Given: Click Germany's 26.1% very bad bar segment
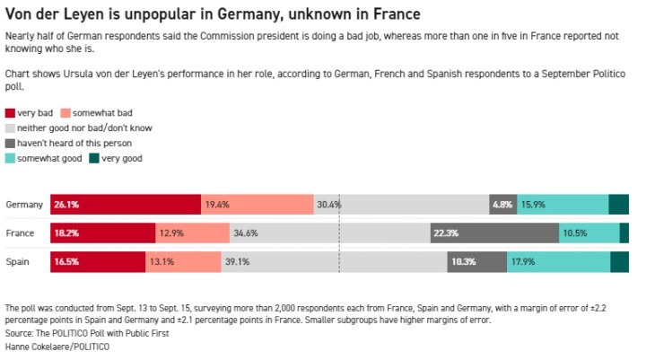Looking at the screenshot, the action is tap(126, 205).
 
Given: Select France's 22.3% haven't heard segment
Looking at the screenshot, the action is tap(494, 233).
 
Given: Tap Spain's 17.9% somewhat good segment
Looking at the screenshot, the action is tap(558, 262).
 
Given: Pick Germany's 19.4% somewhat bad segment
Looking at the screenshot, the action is tap(258, 205).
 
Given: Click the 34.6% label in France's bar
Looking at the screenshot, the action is tap(246, 233).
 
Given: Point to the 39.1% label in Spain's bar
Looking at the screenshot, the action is tap(237, 262).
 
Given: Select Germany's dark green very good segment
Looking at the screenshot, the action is tap(618, 205).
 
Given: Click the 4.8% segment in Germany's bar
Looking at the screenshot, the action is tap(503, 205).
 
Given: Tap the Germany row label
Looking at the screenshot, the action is tap(24, 205).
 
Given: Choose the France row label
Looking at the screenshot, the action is tap(20, 233).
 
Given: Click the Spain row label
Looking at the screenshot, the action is tap(17, 262).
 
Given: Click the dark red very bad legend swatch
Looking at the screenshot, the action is tap(10, 113).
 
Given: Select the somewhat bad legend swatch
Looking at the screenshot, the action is tap(65, 113).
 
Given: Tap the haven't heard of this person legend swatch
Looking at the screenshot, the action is tap(10, 144).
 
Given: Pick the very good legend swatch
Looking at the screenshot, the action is tap(94, 159).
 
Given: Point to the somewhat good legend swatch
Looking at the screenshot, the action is tap(10, 159).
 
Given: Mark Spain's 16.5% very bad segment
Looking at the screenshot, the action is tap(98, 262).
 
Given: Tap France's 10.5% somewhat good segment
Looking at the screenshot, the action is tap(589, 233).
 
